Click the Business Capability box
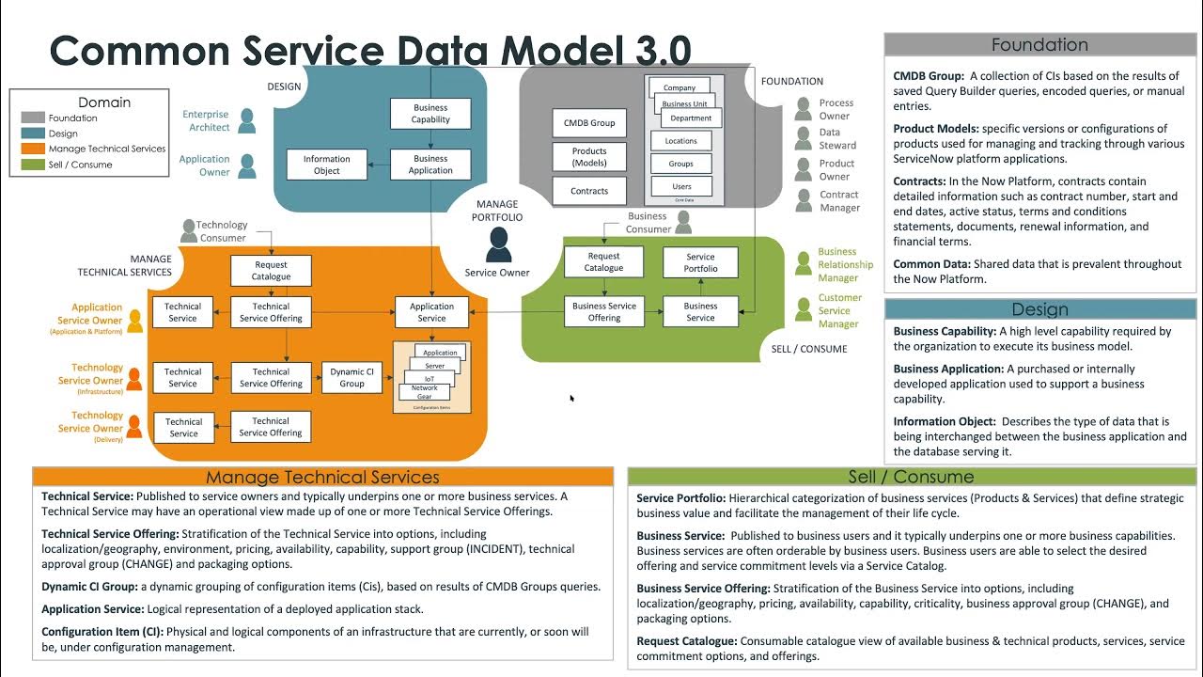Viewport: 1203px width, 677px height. coord(430,114)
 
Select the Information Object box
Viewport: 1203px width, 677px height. coord(326,165)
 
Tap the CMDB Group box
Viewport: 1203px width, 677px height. coord(589,123)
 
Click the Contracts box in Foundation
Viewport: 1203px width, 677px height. coord(589,191)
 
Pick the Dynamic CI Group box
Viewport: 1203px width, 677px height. coord(352,377)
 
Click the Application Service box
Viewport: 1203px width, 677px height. coord(431,312)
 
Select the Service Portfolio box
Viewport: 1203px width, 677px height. coord(700,262)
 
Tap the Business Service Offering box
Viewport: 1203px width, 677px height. coord(603,312)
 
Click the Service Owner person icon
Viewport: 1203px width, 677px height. coord(498,244)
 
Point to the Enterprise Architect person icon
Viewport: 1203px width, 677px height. coord(247,120)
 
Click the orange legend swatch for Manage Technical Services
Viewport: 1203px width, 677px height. coord(33,149)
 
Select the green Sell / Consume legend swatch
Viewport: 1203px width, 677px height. coord(33,165)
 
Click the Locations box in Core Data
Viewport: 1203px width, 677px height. coord(681,141)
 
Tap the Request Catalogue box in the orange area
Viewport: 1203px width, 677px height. coord(271,271)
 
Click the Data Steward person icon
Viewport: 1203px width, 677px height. coord(803,139)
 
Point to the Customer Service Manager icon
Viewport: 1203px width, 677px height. coord(804,309)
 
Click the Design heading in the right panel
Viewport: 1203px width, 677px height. coord(1039,309)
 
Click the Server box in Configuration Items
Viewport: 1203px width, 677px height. coord(434,366)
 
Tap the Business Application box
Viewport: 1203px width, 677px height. coord(430,165)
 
